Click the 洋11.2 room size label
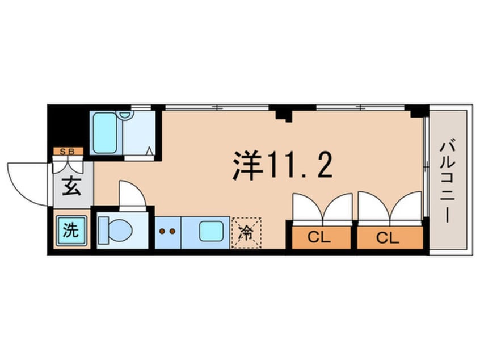tap(281, 165)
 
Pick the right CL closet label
tap(390, 237)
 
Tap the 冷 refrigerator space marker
tap(246, 232)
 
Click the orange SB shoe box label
tap(69, 151)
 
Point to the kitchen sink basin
tap(211, 232)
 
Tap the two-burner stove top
tap(167, 232)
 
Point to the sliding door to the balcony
tap(426, 165)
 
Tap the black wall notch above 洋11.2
tap(281, 113)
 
